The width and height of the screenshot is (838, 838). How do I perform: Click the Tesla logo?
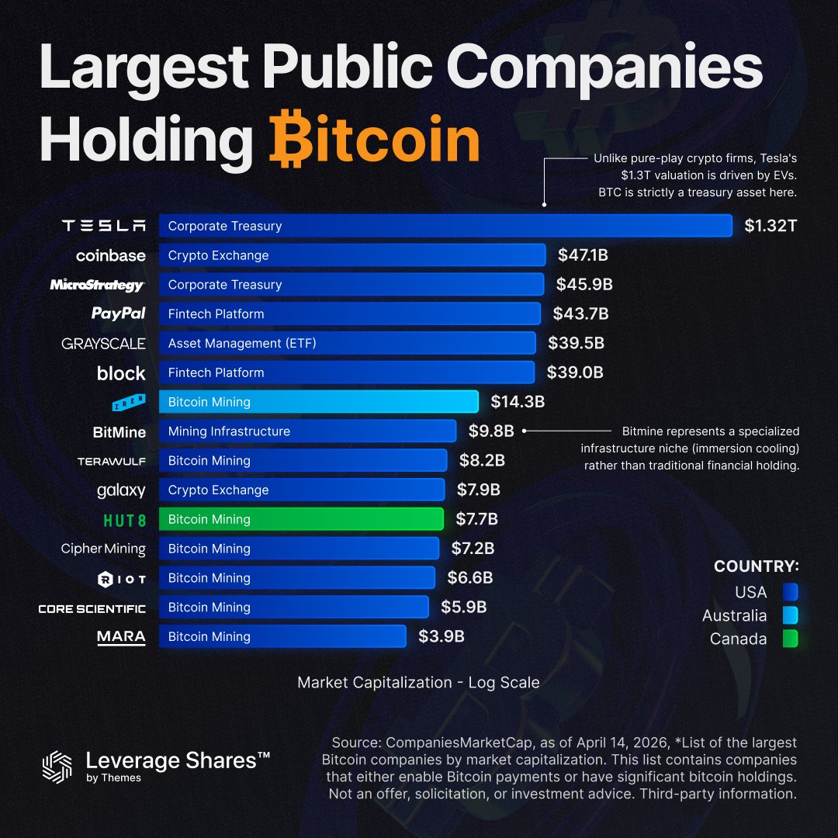104,226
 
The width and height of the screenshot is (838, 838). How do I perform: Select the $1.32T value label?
770,227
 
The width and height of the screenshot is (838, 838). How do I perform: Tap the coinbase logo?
110,255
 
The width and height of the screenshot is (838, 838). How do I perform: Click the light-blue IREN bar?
318,402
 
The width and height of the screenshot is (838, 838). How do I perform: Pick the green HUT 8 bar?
301,519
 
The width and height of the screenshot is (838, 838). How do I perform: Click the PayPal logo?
118,313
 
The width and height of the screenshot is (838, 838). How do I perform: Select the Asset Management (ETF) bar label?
242,343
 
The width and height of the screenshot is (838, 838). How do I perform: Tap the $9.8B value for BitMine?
491,431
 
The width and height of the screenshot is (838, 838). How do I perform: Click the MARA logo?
121,637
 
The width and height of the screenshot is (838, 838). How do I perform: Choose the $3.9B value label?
442,636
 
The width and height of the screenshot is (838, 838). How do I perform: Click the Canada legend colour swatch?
791,639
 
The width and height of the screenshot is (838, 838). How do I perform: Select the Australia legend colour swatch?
791,616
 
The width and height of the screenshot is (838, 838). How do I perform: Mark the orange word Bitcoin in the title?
375,140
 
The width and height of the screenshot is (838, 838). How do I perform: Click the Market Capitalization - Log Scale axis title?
418,683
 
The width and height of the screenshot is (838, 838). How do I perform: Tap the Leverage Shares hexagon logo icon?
57,766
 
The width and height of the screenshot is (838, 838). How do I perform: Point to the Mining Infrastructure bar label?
229,431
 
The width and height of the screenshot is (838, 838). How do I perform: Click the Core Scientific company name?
92,608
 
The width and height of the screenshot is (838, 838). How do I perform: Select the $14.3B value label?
518,402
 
